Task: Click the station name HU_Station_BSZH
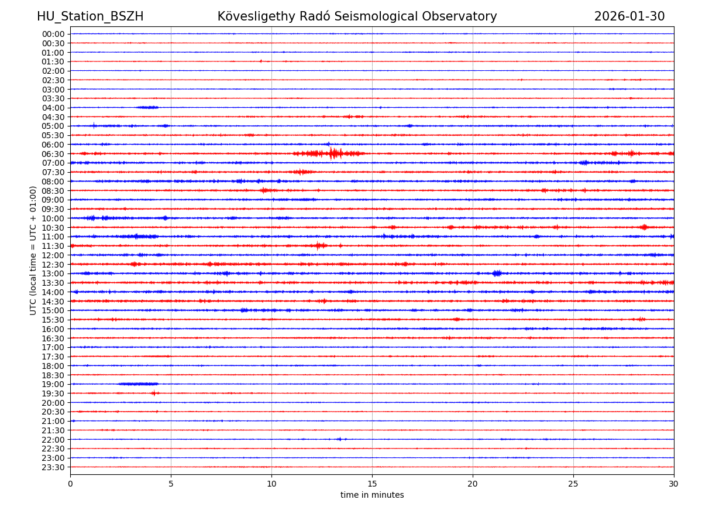[x=90, y=16]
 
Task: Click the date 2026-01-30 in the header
[x=629, y=16]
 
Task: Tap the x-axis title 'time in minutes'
[x=372, y=495]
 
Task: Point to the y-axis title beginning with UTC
[x=33, y=250]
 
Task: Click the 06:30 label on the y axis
[x=53, y=154]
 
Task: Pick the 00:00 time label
[x=53, y=34]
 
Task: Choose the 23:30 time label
[x=53, y=467]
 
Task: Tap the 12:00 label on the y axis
[x=53, y=255]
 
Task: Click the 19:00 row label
[x=53, y=384]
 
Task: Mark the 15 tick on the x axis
[x=372, y=484]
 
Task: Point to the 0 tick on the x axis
[x=70, y=484]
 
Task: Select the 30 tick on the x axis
[x=674, y=484]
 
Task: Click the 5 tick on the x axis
[x=171, y=484]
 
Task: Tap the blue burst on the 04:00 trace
[x=147, y=107]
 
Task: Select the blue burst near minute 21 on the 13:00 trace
[x=497, y=273]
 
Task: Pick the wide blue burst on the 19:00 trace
[x=138, y=384]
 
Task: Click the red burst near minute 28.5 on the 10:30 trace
[x=644, y=227]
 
